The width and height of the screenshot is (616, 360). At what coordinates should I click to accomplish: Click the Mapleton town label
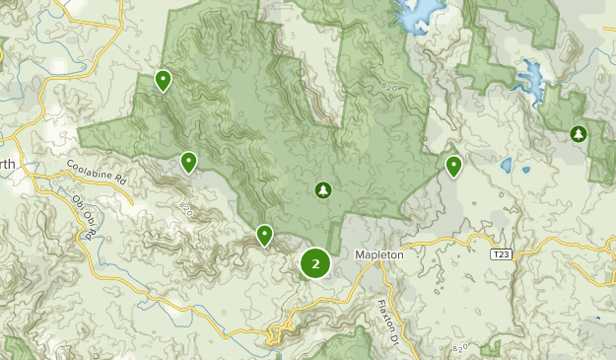(378, 254)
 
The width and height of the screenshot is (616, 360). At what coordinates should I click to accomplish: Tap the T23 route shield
(501, 254)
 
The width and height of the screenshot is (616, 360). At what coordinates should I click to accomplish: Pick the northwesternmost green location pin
(164, 80)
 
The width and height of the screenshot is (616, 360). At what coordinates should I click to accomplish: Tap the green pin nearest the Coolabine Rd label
(188, 162)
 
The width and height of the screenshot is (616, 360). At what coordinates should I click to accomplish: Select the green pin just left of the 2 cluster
(264, 235)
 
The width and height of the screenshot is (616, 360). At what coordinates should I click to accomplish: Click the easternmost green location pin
(453, 166)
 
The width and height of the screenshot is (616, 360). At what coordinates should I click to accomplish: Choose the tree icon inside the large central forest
(321, 189)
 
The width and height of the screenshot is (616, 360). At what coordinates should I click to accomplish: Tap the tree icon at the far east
(579, 133)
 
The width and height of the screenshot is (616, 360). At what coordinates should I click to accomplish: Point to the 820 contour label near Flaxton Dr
(457, 350)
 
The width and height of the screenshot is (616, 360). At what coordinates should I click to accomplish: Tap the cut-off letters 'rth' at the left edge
(7, 164)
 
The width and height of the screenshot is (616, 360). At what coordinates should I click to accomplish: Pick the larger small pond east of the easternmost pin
(507, 165)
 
